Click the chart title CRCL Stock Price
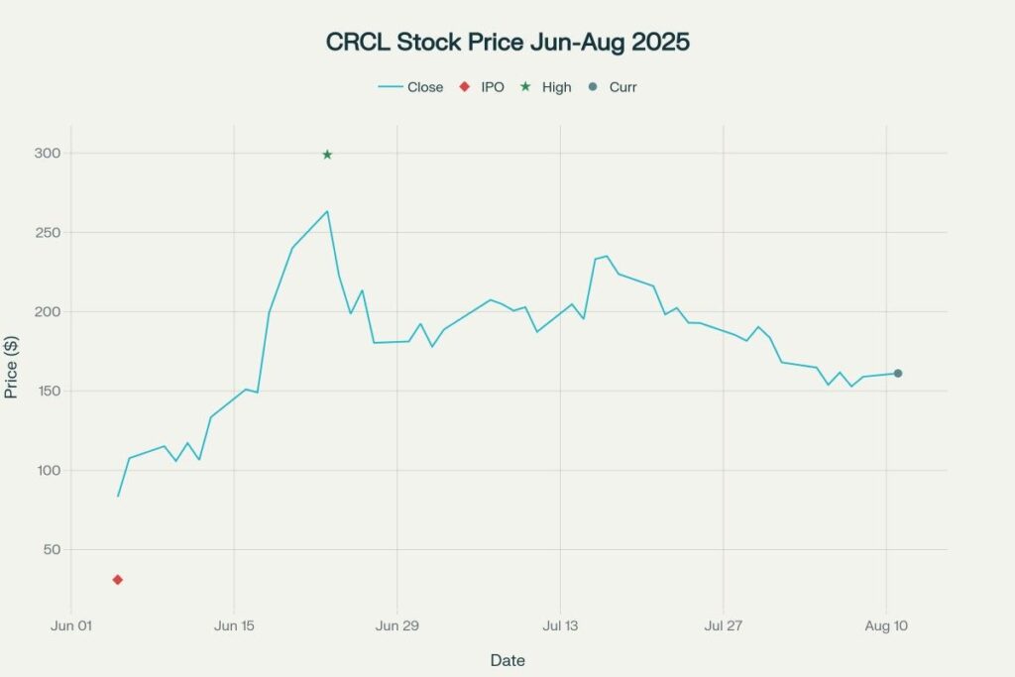tap(507, 43)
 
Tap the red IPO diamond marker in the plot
tap(118, 580)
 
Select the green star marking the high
tap(327, 155)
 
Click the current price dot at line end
tap(898, 374)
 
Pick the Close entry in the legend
tap(410, 87)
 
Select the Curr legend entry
tap(613, 87)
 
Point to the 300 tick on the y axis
tap(47, 154)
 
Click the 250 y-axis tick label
tap(47, 233)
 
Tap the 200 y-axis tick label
tap(47, 312)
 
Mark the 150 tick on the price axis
tap(47, 392)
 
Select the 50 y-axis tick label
tap(51, 550)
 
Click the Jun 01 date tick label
tap(70, 626)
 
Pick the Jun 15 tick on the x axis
tap(234, 626)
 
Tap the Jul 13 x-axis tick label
tap(560, 626)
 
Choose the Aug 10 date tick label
tap(886, 626)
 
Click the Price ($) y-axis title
tap(12, 366)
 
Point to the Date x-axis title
tap(507, 660)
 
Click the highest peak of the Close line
tap(327, 211)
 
